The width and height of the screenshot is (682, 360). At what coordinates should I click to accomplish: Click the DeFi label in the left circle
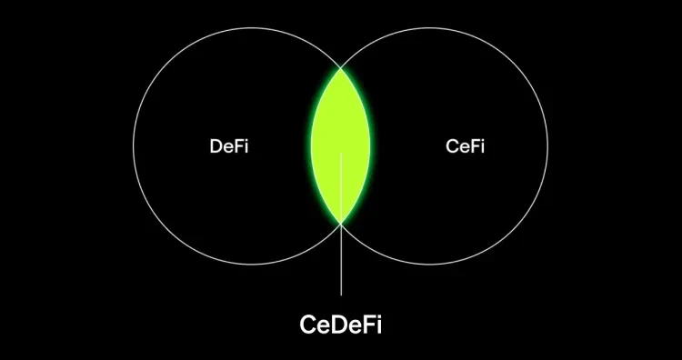point(228,146)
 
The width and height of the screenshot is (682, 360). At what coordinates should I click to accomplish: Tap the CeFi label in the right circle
point(465,146)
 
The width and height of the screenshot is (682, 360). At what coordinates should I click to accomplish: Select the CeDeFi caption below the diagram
point(341,323)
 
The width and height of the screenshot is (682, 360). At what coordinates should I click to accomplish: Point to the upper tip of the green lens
point(341,67)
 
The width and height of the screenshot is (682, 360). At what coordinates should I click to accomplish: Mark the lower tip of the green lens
point(341,224)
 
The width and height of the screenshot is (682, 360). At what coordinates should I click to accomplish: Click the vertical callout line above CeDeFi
point(341,264)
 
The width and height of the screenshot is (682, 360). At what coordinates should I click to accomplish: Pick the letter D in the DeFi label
point(216,146)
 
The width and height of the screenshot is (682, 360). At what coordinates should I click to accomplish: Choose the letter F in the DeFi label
point(236,146)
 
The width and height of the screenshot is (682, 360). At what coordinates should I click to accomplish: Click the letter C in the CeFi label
point(452,146)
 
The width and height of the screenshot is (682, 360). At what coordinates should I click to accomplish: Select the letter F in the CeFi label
point(474,146)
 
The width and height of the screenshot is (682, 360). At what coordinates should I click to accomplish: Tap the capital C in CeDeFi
point(308,323)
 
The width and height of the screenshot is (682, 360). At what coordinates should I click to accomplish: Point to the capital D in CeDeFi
point(337,323)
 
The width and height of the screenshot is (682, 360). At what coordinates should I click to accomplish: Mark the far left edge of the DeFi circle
point(134,145)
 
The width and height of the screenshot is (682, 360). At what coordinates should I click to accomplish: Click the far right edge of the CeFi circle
point(548,145)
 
